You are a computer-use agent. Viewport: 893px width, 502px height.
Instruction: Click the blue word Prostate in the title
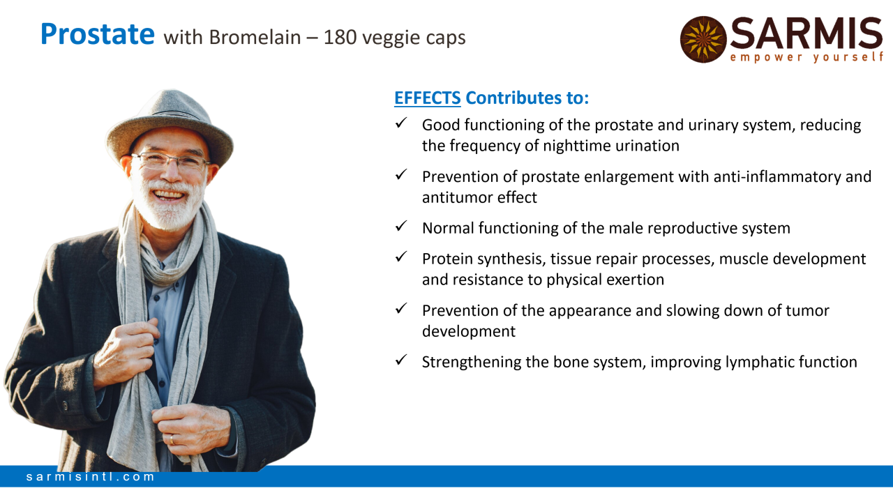click(x=97, y=34)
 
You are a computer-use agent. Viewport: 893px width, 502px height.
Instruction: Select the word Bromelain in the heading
click(x=255, y=38)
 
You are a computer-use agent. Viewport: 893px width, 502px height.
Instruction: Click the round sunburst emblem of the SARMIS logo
click(x=703, y=39)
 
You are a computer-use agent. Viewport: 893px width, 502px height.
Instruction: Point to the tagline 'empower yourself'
click(x=806, y=57)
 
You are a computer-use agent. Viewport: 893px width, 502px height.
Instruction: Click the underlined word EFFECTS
click(x=428, y=98)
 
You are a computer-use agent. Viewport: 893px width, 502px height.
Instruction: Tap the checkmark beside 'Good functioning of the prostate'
click(x=401, y=123)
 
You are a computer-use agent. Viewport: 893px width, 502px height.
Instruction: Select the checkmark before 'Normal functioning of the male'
click(x=401, y=226)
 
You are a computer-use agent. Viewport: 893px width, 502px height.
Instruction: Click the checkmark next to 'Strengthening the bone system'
click(x=401, y=360)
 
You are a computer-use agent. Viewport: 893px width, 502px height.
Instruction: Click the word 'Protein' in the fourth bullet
click(x=447, y=259)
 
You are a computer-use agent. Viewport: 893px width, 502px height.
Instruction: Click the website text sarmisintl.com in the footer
click(x=90, y=477)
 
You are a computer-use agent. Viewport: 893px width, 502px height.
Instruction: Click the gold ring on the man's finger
click(x=172, y=440)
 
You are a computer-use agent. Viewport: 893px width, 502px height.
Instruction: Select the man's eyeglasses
click(x=171, y=161)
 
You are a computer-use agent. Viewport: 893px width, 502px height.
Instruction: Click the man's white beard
click(x=169, y=207)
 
